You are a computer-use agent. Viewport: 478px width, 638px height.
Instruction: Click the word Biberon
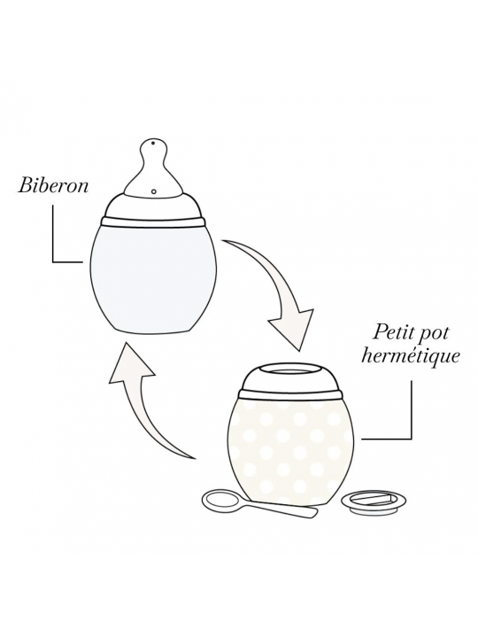point(53,186)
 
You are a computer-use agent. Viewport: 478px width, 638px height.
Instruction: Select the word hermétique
point(411,356)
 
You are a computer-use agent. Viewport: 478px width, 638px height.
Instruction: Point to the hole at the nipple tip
point(154,144)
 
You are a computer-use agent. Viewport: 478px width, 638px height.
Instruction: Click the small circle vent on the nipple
point(154,191)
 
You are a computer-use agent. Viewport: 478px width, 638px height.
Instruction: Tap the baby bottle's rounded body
point(153,279)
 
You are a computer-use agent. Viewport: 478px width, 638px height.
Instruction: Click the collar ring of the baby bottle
point(153,222)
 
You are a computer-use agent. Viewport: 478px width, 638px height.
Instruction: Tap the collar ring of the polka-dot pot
point(289,394)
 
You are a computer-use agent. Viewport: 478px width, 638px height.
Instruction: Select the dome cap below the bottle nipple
point(153,206)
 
